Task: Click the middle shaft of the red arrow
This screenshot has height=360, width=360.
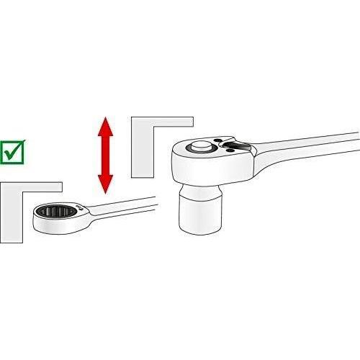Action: tap(106, 157)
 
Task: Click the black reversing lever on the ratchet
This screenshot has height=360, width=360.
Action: tap(235, 148)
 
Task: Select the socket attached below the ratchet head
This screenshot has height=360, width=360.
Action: tap(199, 209)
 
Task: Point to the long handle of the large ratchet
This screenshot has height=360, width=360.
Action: tap(310, 144)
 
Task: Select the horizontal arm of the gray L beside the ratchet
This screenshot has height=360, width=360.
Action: tap(162, 124)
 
